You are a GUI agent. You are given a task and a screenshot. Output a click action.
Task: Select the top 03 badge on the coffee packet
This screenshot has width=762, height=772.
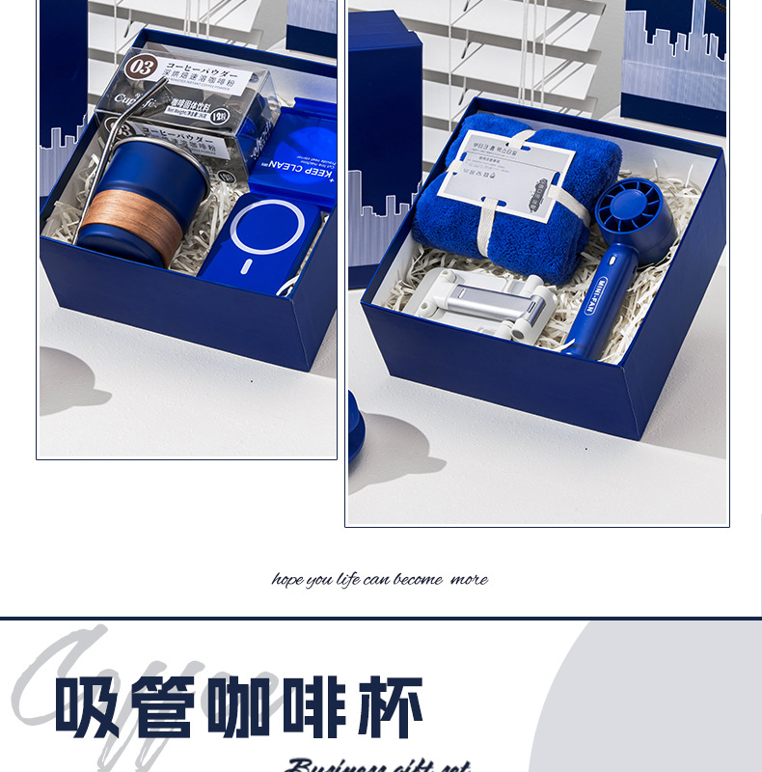point(140,68)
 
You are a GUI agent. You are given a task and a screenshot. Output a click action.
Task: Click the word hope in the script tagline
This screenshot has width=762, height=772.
point(287,580)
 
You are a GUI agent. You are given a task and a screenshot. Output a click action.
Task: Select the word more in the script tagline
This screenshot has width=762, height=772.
point(469,580)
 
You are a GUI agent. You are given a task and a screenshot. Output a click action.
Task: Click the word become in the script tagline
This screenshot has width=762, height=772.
point(418,580)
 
